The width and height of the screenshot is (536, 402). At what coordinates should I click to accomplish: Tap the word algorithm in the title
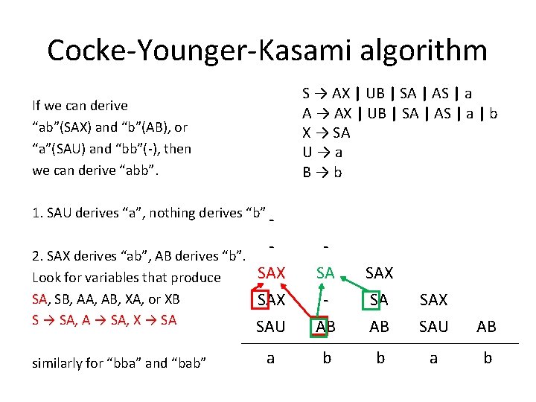point(417,51)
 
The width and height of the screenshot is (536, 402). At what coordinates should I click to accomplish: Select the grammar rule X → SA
point(326,133)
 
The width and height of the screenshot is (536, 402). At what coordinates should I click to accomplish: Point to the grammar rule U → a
point(322,153)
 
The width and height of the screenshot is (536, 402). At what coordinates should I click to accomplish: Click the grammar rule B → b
point(322,172)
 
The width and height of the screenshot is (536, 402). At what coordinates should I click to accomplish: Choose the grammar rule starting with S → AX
point(387,94)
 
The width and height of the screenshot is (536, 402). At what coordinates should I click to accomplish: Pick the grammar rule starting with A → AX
point(400,114)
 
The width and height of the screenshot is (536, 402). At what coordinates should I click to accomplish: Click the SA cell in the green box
point(380,300)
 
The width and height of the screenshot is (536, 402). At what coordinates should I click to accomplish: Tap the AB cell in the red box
point(325,326)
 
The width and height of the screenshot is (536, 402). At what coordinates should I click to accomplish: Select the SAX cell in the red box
point(270,300)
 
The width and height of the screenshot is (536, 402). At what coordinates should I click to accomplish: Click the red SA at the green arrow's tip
point(325,273)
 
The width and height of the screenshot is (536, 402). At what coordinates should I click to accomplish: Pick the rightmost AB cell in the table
point(488,326)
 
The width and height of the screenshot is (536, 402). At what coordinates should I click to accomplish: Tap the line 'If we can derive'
point(80,106)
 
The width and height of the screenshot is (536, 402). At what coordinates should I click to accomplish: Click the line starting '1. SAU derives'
point(150,213)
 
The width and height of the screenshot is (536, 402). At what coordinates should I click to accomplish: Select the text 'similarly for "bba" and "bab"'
point(119,363)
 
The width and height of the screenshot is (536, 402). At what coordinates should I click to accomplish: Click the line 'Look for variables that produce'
point(127,278)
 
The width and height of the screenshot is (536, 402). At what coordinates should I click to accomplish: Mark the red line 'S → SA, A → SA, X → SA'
point(105,320)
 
